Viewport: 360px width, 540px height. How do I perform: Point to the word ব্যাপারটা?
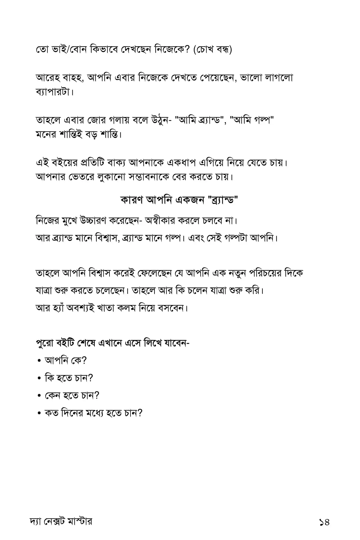click(x=54, y=92)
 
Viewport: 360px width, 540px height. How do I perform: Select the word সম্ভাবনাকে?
click(x=151, y=177)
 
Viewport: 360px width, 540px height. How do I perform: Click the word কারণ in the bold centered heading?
click(x=132, y=199)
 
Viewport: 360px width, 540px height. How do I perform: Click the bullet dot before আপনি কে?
click(x=39, y=361)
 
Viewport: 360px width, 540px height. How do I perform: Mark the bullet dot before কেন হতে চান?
click(x=39, y=396)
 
